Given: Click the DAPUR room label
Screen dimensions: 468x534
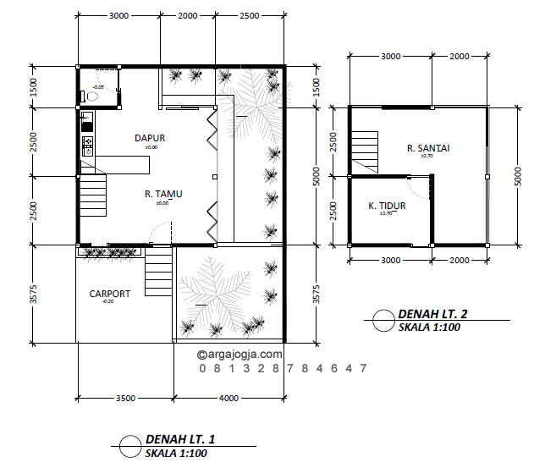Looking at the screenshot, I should [x=150, y=138].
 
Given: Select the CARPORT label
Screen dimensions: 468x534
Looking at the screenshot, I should [x=110, y=294].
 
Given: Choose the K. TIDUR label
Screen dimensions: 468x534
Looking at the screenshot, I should [x=386, y=205].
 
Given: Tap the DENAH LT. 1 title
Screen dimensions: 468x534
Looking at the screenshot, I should [x=180, y=439].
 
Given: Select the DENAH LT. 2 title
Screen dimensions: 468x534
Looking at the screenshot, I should [x=432, y=314].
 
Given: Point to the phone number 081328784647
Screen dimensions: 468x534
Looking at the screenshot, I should [x=284, y=369].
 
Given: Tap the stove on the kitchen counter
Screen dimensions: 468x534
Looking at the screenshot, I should [x=85, y=146].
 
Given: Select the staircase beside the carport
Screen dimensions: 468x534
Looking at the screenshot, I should [x=159, y=273].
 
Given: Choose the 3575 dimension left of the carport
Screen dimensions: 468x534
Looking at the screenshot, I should [x=34, y=294].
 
